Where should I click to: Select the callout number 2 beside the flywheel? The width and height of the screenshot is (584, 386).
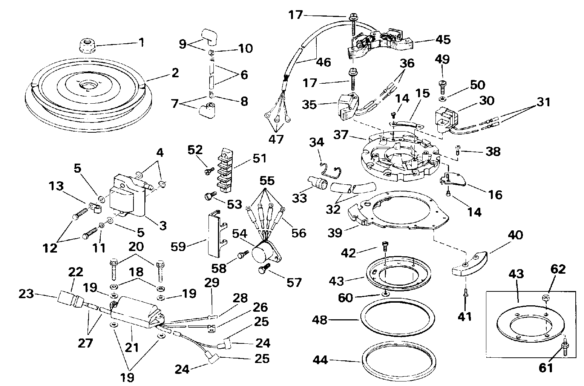(175, 73)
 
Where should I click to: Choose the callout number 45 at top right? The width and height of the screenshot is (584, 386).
(443, 39)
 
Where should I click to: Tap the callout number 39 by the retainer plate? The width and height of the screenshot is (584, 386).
(335, 233)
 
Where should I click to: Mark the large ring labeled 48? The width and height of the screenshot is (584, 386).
(398, 317)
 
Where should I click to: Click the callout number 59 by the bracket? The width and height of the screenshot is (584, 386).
(178, 246)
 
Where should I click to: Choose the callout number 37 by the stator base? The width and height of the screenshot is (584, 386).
(341, 135)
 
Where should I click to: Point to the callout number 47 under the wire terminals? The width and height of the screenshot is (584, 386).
(276, 139)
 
